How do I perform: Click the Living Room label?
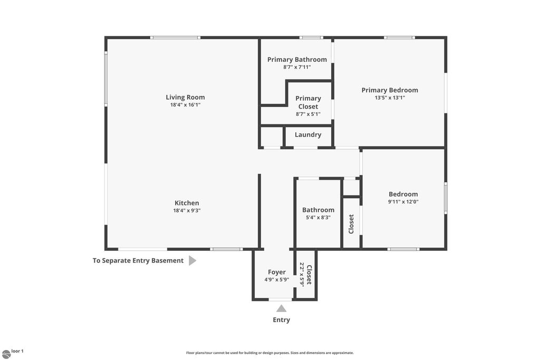click(185, 97)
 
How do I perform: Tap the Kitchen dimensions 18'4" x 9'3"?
click(187, 210)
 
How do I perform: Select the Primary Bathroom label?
click(297, 60)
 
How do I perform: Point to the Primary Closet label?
click(308, 102)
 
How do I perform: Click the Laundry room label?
click(308, 135)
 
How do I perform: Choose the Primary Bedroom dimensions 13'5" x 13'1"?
click(390, 98)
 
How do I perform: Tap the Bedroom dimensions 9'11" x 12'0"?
click(403, 201)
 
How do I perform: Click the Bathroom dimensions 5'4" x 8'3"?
click(318, 217)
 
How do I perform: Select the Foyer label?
click(277, 272)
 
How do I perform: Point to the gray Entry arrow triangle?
click(282, 309)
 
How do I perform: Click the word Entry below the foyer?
click(281, 320)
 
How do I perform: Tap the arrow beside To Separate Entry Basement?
click(192, 260)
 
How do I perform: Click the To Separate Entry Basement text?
click(138, 260)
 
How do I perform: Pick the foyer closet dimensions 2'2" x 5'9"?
click(302, 274)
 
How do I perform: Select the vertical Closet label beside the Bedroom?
click(352, 224)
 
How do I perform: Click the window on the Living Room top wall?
click(175, 37)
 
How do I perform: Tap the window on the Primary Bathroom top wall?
click(311, 37)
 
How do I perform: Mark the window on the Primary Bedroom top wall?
click(399, 37)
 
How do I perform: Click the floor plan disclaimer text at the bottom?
click(269, 353)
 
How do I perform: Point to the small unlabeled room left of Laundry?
click(271, 137)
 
